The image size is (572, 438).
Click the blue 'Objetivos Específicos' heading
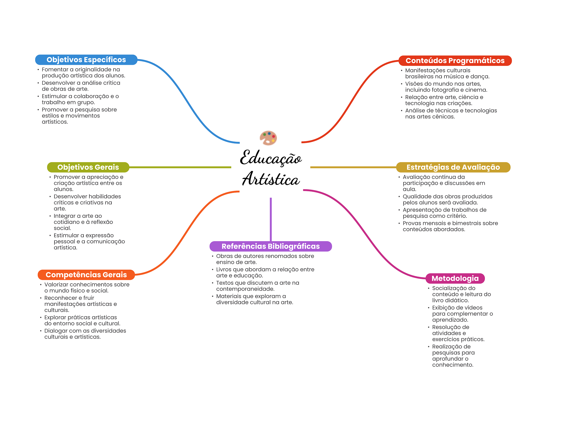[86, 60]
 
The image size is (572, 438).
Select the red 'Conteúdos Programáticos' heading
[455, 61]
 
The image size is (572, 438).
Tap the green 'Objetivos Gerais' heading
[88, 167]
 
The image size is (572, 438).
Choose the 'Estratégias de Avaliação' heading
[453, 167]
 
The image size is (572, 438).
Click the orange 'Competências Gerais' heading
[86, 275]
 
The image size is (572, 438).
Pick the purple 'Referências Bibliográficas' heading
[270, 246]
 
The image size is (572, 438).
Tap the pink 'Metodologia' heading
[455, 278]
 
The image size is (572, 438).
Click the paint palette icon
[268, 138]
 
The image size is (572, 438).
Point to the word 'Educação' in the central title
[271, 158]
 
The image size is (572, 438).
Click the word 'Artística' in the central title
[271, 179]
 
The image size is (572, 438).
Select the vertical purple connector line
[271, 219]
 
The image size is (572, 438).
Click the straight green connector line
[180, 167]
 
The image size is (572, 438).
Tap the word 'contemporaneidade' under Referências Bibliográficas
[245, 289]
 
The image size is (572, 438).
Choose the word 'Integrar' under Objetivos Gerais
[64, 216]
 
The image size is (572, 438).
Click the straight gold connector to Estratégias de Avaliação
[353, 167]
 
